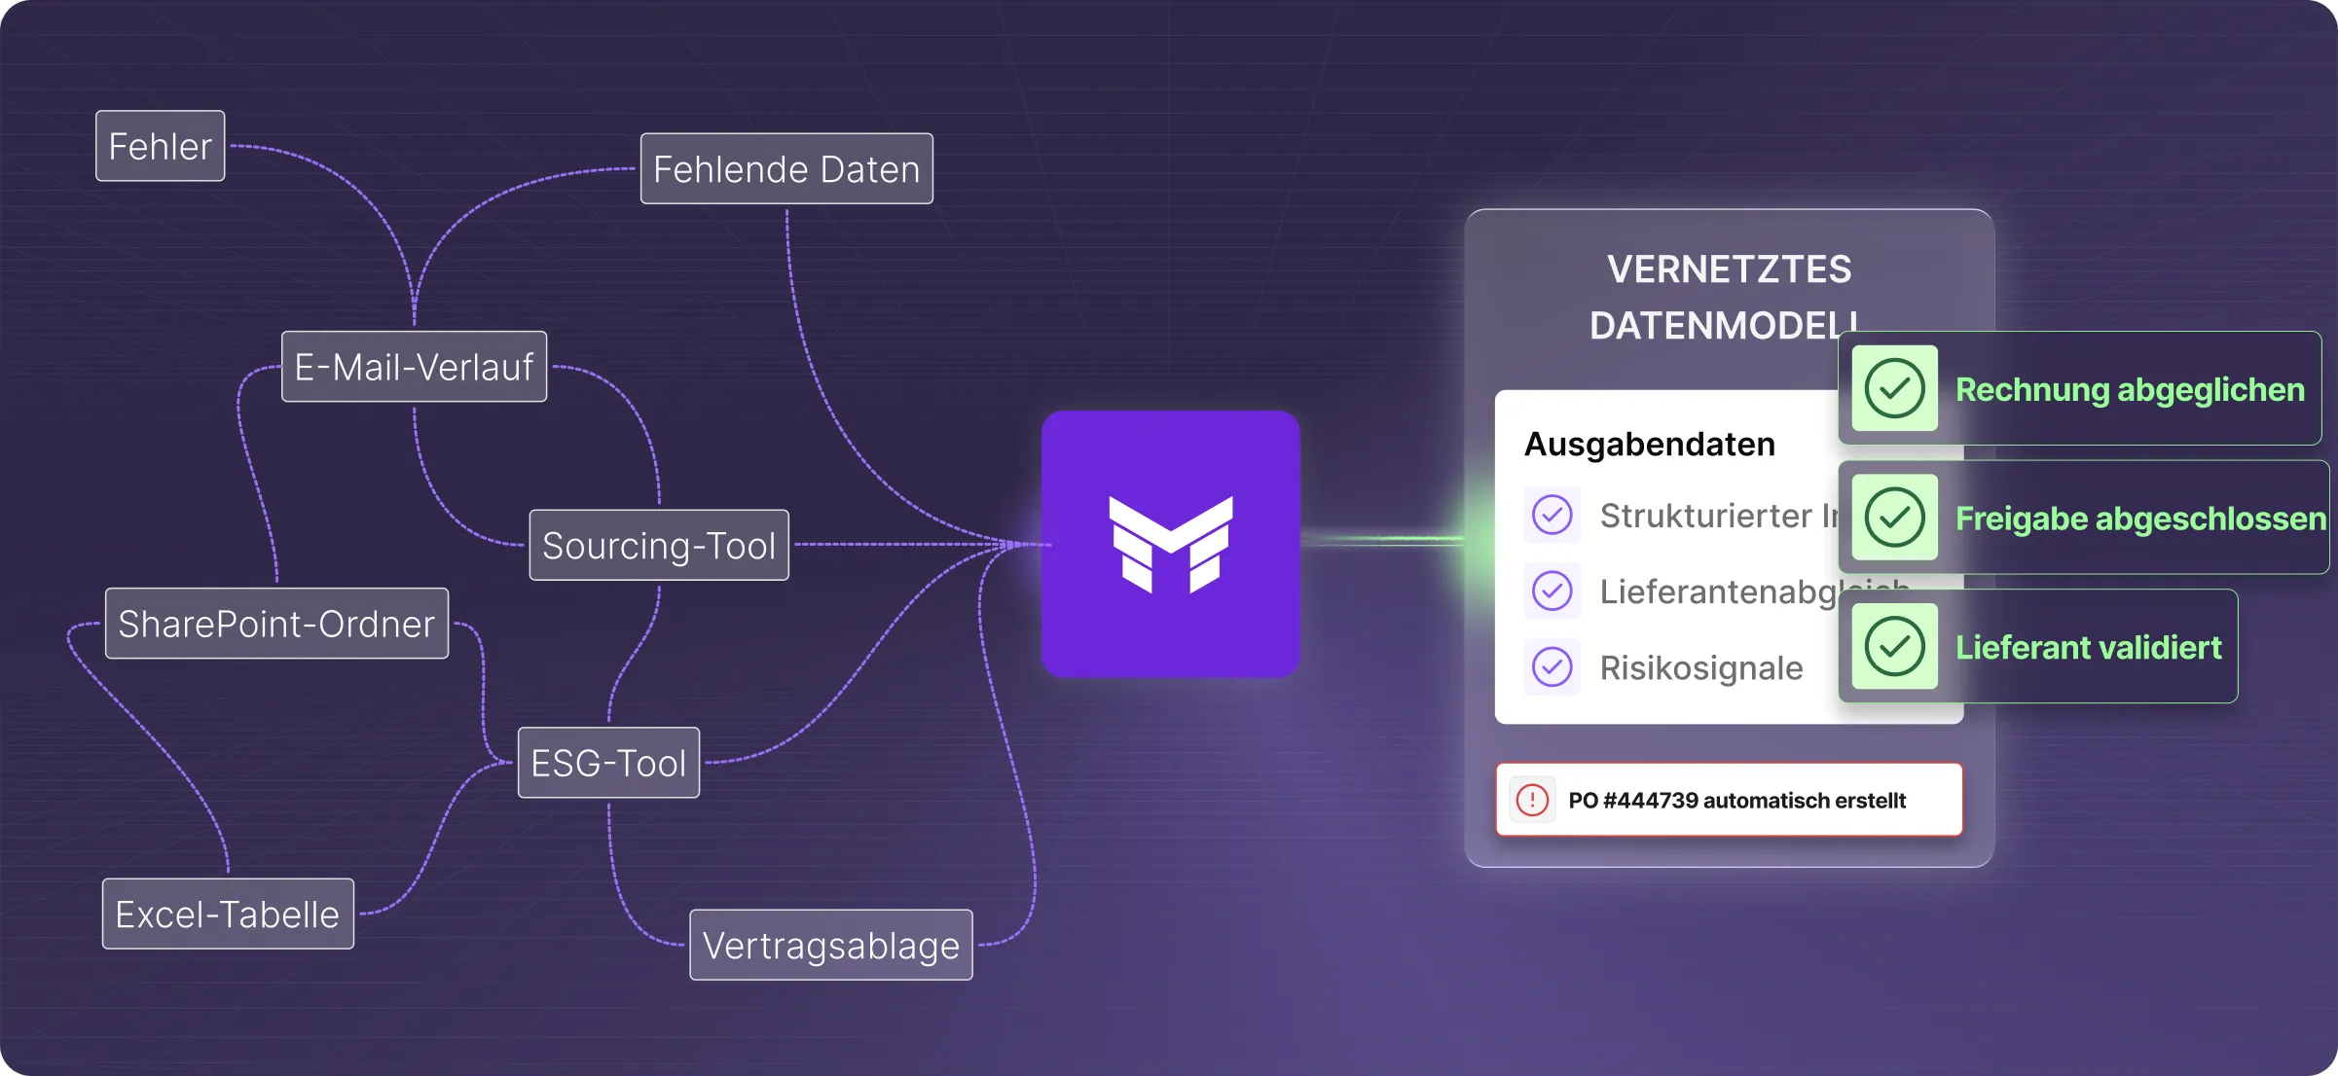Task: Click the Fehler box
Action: pyautogui.click(x=161, y=147)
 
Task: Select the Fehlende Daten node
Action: pyautogui.click(x=786, y=169)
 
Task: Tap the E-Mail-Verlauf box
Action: pyautogui.click(x=414, y=368)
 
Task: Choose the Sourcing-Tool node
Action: pyautogui.click(x=659, y=546)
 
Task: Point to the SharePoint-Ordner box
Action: pyautogui.click(x=276, y=624)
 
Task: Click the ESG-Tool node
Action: pyautogui.click(x=608, y=764)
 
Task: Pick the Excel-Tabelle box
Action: pyautogui.click(x=228, y=915)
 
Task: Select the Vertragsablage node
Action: pyautogui.click(x=831, y=946)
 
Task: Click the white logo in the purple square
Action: pyautogui.click(x=1171, y=544)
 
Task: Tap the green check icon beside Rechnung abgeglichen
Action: pyautogui.click(x=1894, y=389)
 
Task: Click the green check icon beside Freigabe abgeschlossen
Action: pyautogui.click(x=1894, y=518)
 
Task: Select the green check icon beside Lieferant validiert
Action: pyautogui.click(x=1894, y=647)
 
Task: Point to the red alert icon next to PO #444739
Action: pyautogui.click(x=1532, y=801)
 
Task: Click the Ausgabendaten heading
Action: pyautogui.click(x=1650, y=445)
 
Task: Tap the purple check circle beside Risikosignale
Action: pyautogui.click(x=1553, y=667)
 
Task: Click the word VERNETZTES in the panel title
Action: pyautogui.click(x=1730, y=269)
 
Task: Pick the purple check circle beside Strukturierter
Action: pyautogui.click(x=1553, y=515)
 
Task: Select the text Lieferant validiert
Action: pyautogui.click(x=2089, y=648)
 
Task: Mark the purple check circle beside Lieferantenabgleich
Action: pyautogui.click(x=1553, y=591)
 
